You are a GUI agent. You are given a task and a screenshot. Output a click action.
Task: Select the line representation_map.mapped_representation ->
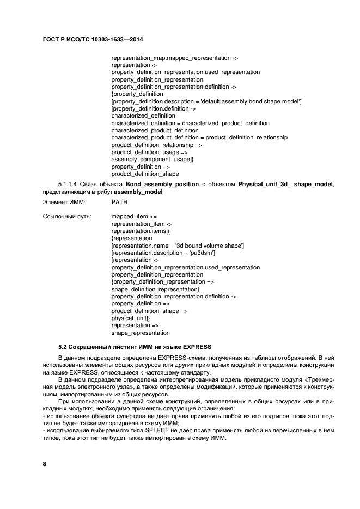(x=174, y=57)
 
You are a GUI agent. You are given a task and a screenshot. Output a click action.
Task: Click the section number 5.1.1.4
(x=69, y=185)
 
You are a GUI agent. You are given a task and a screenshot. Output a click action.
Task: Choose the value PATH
(x=119, y=202)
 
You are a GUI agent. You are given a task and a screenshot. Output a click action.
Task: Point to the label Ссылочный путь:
(x=66, y=216)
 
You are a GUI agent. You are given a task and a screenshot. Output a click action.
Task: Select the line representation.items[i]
(x=141, y=231)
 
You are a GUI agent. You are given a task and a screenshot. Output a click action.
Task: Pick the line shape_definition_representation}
(x=155, y=289)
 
